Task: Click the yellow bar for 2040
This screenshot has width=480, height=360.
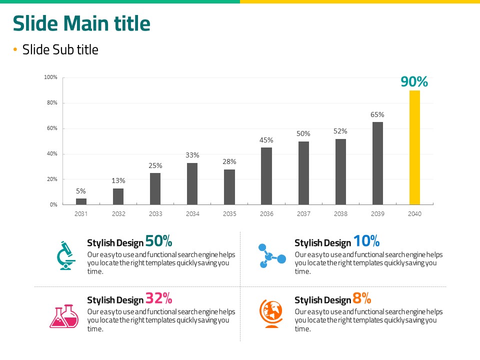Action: (414, 147)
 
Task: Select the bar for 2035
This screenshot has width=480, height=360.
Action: (229, 187)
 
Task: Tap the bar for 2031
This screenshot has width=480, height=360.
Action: (81, 201)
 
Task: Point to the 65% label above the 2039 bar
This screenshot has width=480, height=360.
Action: (377, 114)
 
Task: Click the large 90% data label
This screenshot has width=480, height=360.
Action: (414, 81)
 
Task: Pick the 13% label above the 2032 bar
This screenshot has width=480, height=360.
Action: (118, 180)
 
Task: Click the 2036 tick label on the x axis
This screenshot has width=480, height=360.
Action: (266, 214)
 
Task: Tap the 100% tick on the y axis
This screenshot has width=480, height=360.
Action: (50, 77)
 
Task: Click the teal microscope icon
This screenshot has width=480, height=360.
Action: (65, 255)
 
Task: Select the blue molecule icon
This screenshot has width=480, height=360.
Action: (271, 256)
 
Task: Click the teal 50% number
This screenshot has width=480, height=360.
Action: (158, 241)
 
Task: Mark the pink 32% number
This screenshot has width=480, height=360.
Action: (158, 299)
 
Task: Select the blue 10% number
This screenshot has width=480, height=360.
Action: (366, 241)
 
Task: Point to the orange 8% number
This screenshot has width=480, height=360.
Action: (361, 298)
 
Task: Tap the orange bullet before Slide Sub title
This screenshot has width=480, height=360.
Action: (15, 49)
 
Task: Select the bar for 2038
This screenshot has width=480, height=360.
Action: (340, 171)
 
